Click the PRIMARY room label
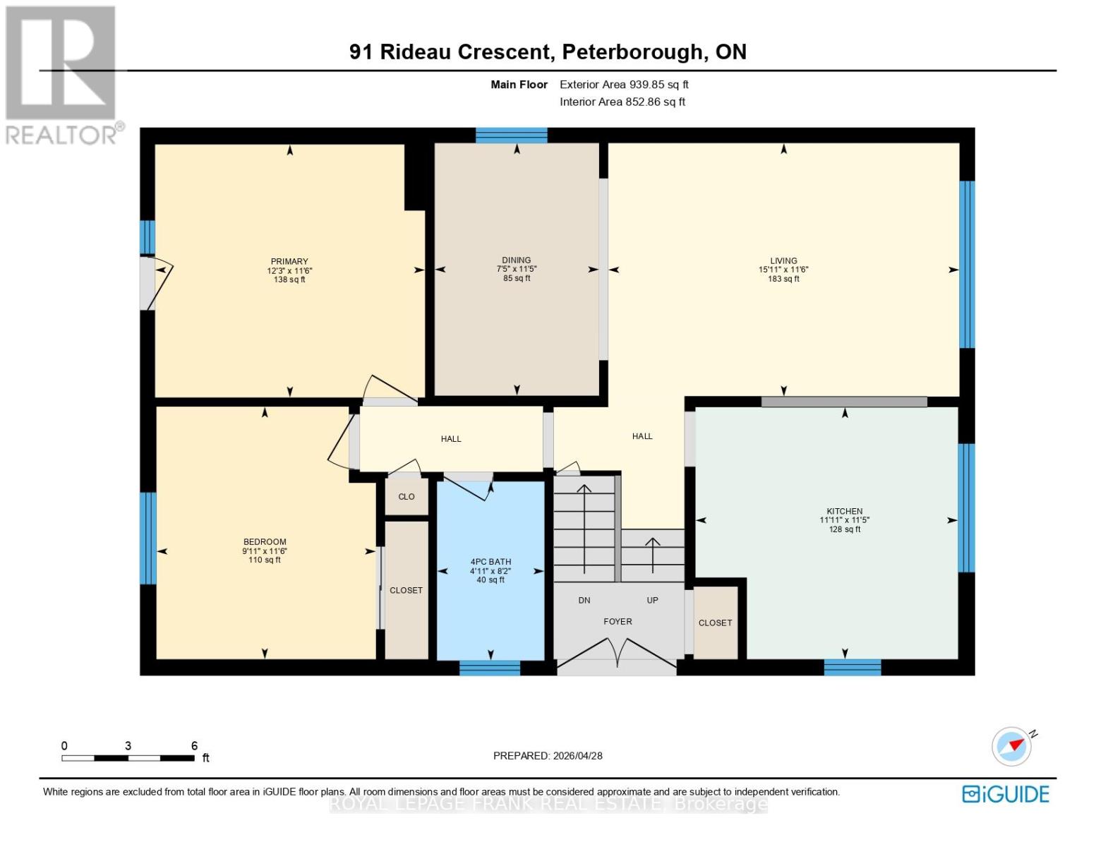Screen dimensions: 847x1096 click(x=289, y=261)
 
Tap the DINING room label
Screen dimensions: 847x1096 click(x=517, y=260)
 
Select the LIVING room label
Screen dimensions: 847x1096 click(x=783, y=260)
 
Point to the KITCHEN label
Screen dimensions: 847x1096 click(x=845, y=511)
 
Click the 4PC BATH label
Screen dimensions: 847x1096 click(x=490, y=562)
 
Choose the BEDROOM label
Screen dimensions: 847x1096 click(x=265, y=542)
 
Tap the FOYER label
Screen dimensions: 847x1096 click(x=618, y=622)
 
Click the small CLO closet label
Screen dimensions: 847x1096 click(x=407, y=497)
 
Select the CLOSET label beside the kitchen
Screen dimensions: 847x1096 click(x=715, y=623)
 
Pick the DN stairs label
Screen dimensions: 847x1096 click(x=584, y=601)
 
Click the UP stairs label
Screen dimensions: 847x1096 click(x=652, y=601)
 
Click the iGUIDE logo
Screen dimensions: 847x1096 click(x=1006, y=794)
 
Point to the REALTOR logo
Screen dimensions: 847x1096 click(x=61, y=74)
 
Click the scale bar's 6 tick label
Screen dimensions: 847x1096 click(x=194, y=746)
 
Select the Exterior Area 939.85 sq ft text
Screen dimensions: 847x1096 click(x=624, y=85)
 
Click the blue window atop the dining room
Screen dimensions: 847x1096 click(x=512, y=135)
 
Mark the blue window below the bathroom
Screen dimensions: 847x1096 click(x=490, y=668)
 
